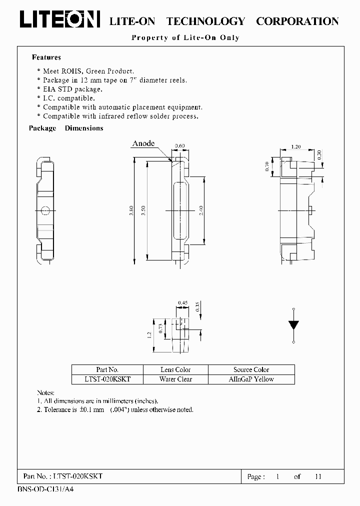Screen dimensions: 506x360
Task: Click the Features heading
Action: point(46,57)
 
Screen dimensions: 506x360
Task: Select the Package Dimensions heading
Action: point(66,128)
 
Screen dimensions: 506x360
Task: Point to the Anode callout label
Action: point(143,143)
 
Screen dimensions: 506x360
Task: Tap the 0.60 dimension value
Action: point(179,146)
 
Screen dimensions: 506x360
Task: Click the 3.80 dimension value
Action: point(131,210)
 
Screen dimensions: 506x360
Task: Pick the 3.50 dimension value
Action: point(144,210)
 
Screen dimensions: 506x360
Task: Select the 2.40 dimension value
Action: point(201,210)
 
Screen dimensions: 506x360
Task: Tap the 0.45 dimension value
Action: point(182,302)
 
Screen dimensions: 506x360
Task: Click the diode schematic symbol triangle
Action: point(293,324)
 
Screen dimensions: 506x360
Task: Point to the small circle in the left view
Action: point(45,210)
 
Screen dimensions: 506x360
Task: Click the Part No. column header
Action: point(107,369)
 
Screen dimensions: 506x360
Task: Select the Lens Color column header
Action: point(175,369)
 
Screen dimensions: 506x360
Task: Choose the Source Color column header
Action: point(251,369)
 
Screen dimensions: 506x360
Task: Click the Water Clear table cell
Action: point(175,379)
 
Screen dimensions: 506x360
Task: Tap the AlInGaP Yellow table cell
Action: point(251,379)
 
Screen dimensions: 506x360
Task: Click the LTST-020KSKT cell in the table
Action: point(107,379)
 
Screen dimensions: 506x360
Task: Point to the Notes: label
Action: point(46,393)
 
